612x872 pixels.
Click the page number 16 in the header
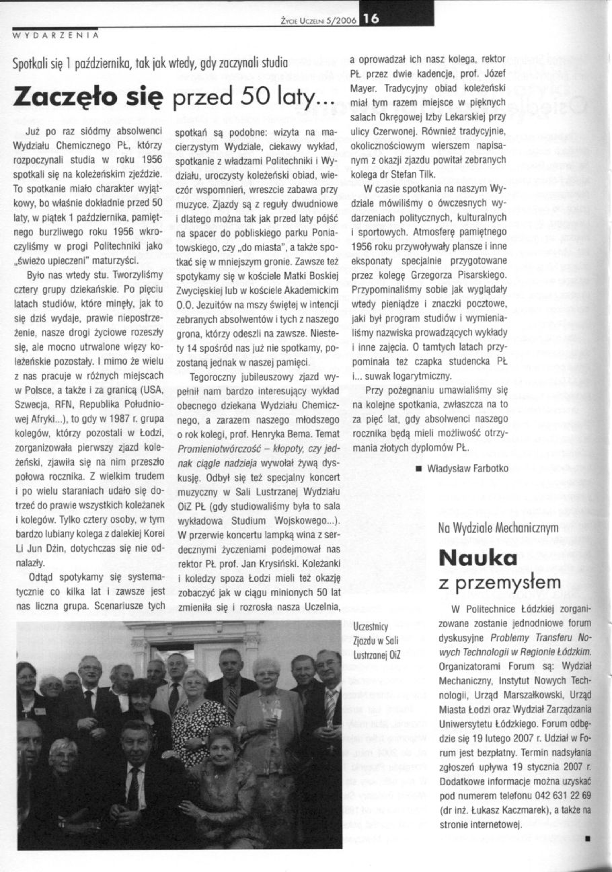coord(371,21)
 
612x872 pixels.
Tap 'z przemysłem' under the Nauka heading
coord(490,583)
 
